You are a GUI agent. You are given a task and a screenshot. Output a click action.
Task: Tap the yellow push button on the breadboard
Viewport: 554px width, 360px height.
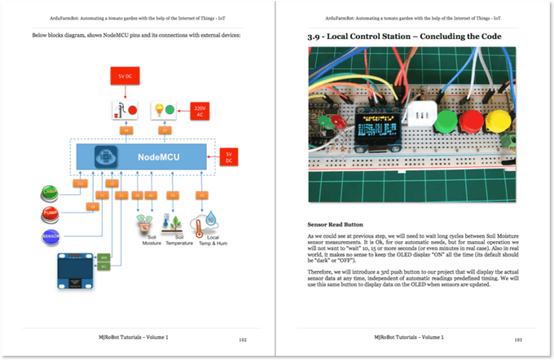(x=498, y=124)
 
